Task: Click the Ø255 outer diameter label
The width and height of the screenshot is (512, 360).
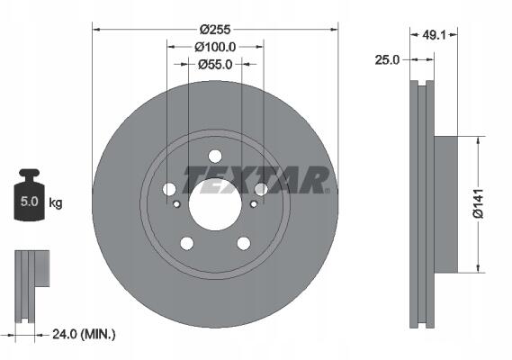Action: (215, 30)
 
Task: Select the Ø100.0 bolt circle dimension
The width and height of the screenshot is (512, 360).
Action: (215, 47)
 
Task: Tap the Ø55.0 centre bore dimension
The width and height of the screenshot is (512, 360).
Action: (215, 65)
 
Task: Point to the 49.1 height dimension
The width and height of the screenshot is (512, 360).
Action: (434, 34)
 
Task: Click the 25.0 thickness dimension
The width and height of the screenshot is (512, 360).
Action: (387, 60)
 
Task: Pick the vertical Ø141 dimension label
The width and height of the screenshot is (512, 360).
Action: (478, 203)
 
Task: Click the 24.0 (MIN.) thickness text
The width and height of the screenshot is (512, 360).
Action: (84, 334)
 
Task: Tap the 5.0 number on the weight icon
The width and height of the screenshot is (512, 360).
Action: (30, 202)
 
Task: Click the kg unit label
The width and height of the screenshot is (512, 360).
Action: (56, 202)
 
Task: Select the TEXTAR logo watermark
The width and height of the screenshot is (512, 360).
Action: (256, 180)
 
